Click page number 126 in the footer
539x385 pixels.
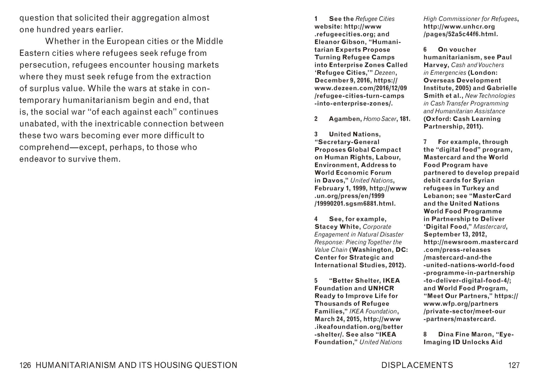(x=25, y=365)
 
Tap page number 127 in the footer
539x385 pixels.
(x=514, y=365)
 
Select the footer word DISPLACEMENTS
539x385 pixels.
(x=417, y=365)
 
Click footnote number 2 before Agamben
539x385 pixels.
(x=316, y=119)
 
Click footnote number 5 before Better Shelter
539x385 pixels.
(x=316, y=281)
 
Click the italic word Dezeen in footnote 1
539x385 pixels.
(x=385, y=73)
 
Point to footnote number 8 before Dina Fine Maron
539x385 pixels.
(x=425, y=335)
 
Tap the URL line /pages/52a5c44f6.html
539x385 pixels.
(x=461, y=34)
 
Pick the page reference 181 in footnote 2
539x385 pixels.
(x=405, y=119)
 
